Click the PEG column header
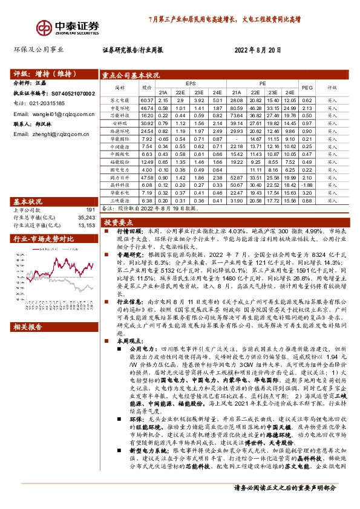tap(306, 87)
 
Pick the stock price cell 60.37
tap(146, 100)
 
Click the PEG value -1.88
tap(306, 184)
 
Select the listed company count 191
tap(91, 209)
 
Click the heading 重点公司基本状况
tap(131, 75)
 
